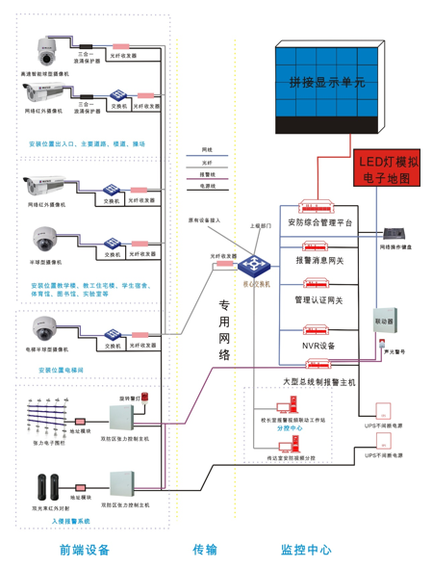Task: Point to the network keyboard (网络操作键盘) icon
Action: pyautogui.click(x=395, y=235)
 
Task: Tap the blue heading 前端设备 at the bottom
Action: pyautogui.click(x=84, y=550)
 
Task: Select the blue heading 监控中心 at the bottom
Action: pyautogui.click(x=306, y=550)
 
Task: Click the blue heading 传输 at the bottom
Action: pyautogui.click(x=204, y=550)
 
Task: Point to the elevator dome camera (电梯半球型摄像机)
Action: pyautogui.click(x=44, y=329)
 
